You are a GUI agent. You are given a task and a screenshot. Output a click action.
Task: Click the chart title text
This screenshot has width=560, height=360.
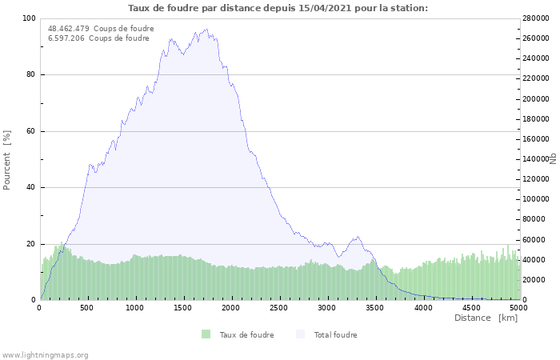[x=278, y=8]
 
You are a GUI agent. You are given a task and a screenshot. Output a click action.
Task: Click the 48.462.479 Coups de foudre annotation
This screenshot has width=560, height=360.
[x=101, y=29]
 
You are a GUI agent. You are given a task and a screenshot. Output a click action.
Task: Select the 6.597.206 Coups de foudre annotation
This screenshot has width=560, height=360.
[x=98, y=38]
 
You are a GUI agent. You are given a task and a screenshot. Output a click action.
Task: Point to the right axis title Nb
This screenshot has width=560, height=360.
[x=553, y=158]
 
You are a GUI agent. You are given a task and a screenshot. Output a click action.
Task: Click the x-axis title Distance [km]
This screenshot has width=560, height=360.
[x=486, y=318]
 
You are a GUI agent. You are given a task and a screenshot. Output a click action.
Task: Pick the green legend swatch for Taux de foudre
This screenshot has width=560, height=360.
[x=206, y=334]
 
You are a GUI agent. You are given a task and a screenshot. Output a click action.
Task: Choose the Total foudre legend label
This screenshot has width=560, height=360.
[x=335, y=335]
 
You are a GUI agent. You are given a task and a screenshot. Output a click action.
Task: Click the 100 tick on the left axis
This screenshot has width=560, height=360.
[x=29, y=18]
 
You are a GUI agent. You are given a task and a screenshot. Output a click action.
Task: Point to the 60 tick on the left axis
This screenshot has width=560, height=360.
[x=31, y=131]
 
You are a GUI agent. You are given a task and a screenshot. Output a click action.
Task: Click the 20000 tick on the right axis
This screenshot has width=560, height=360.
[x=534, y=280]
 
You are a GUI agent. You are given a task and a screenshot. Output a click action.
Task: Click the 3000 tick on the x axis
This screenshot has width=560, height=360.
[x=327, y=307]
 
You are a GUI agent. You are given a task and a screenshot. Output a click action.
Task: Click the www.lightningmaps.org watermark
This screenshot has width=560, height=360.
[x=45, y=355]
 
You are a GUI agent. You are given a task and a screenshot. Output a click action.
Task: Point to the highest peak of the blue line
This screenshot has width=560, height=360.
[x=206, y=30]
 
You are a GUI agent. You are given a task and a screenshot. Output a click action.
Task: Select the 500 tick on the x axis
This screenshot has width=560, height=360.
[x=87, y=307]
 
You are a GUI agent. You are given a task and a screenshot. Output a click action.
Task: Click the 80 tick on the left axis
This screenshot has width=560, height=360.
[x=31, y=75]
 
